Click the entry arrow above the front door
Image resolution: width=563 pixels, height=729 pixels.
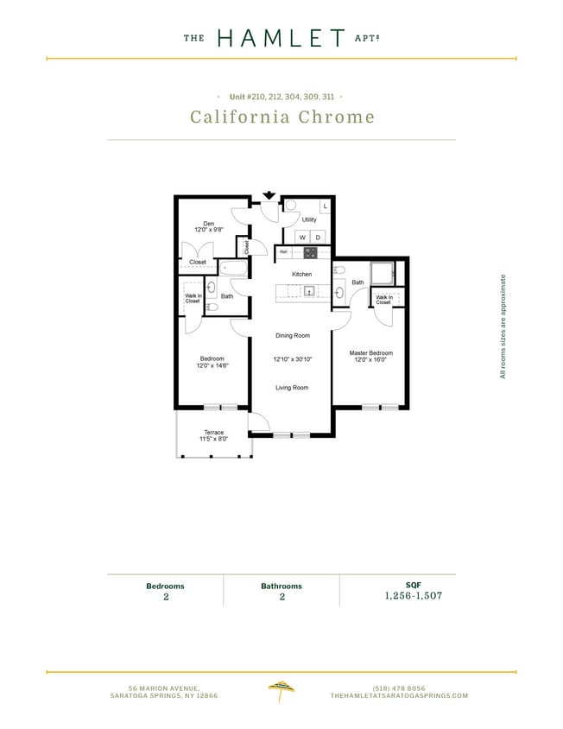269,194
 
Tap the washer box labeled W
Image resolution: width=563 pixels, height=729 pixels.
302,237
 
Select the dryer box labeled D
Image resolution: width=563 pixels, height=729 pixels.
317,237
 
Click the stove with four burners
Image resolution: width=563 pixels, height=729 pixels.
310,253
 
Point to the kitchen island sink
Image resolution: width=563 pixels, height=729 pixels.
306,291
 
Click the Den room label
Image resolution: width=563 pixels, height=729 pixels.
208,223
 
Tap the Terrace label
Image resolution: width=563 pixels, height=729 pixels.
213,432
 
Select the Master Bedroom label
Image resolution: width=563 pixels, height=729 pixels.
371,352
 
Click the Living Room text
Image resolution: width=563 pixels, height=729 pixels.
292,388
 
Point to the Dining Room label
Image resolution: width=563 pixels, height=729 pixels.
293,335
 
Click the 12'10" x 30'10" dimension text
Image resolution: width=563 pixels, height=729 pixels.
292,358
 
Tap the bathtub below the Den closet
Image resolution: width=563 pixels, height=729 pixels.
231,268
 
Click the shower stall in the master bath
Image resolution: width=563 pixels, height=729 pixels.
382,272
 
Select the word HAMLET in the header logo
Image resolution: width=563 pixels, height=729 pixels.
281,38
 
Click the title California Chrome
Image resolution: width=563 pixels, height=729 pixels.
281,117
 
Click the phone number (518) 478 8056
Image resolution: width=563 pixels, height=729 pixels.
399,688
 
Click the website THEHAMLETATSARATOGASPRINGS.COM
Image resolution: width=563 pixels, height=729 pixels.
399,695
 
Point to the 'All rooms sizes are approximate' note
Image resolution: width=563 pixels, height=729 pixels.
503,326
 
